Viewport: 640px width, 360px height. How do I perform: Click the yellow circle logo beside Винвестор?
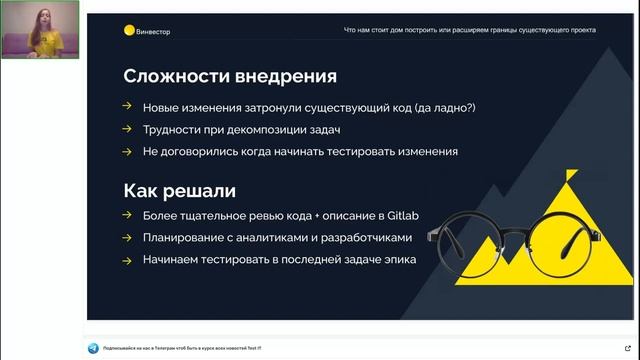click(128, 30)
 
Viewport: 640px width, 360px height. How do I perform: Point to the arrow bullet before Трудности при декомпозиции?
click(126, 129)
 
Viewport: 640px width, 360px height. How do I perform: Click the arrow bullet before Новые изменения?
click(126, 106)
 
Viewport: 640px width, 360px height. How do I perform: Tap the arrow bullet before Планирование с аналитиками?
click(126, 238)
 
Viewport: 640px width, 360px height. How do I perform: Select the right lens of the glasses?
click(565, 239)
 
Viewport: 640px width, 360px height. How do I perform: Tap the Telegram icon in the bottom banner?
click(93, 347)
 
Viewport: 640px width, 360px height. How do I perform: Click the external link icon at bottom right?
click(626, 347)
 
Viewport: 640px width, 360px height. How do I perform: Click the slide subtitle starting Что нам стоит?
click(469, 30)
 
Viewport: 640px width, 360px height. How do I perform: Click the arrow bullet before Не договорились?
click(126, 152)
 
